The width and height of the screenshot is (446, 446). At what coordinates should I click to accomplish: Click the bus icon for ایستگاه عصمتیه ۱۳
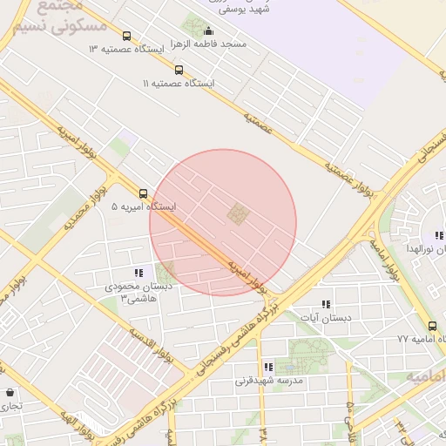pyautogui.click(x=128, y=37)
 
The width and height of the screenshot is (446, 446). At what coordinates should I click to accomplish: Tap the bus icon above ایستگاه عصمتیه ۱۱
pyautogui.click(x=179, y=70)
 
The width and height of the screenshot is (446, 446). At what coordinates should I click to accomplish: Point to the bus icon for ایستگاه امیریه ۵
pyautogui.click(x=143, y=194)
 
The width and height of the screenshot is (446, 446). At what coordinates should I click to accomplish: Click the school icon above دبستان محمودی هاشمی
pyautogui.click(x=139, y=273)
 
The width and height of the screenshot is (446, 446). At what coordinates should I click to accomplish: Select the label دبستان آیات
pyautogui.click(x=326, y=318)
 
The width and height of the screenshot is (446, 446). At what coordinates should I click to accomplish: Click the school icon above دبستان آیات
pyautogui.click(x=326, y=304)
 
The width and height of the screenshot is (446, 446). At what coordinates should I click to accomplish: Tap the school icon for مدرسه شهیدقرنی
pyautogui.click(x=267, y=368)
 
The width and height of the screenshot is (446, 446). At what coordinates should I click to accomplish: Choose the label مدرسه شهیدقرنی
pyautogui.click(x=268, y=381)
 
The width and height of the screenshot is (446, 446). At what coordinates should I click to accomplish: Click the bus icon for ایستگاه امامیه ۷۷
pyautogui.click(x=432, y=326)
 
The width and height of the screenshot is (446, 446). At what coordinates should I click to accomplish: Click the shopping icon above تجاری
pyautogui.click(x=9, y=393)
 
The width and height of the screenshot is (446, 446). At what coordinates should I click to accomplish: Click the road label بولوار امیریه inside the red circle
pyautogui.click(x=244, y=272)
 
